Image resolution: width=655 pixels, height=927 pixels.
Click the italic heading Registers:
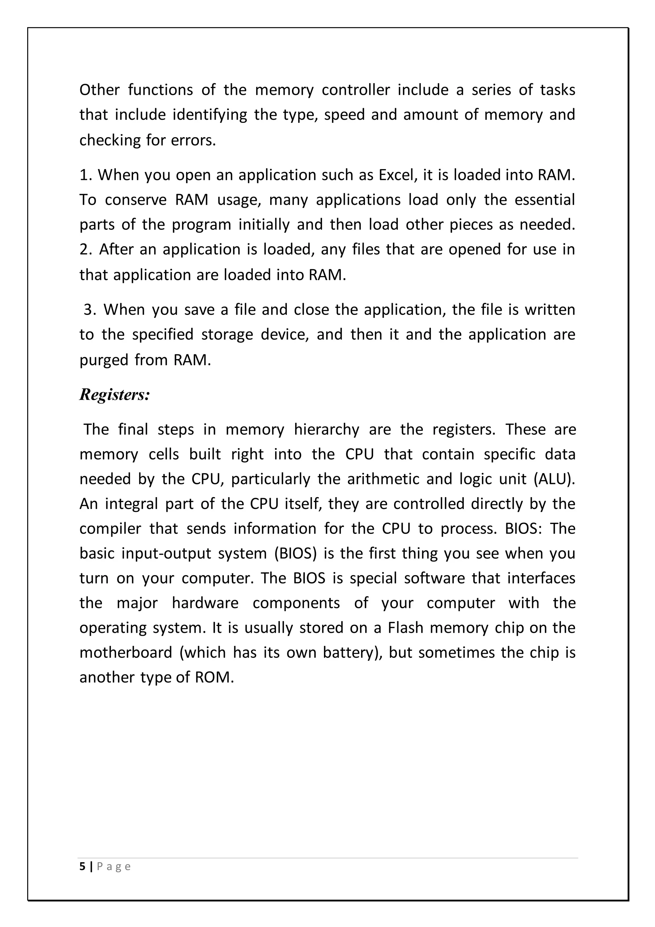point(114,394)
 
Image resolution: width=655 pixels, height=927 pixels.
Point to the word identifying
point(210,115)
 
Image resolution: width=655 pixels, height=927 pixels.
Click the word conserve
point(136,200)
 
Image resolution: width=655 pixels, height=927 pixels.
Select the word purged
point(103,360)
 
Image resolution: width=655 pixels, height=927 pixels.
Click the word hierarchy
point(326,429)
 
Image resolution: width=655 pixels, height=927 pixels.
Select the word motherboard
point(126,652)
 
